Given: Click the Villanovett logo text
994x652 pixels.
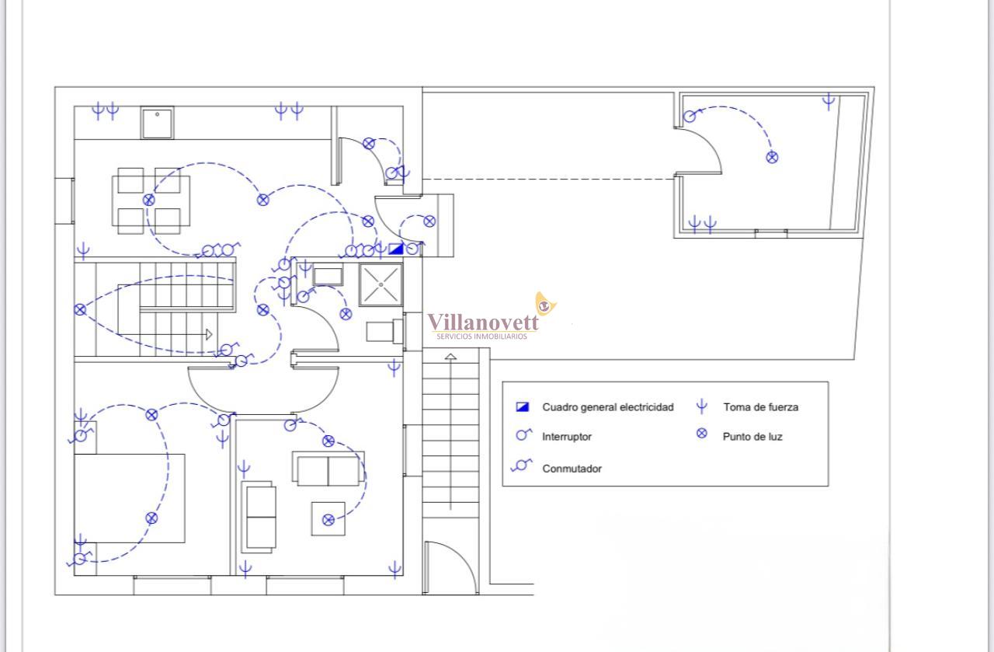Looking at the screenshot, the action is [483, 322].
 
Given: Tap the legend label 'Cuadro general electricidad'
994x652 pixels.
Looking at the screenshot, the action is [608, 407].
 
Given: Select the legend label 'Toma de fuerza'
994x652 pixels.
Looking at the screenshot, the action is [760, 407].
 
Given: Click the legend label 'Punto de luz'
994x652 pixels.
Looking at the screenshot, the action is [752, 437].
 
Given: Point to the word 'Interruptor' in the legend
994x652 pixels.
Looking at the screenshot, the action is [567, 437].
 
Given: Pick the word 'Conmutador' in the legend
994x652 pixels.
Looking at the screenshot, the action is [572, 469].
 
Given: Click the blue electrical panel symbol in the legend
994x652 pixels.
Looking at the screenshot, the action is [523, 407].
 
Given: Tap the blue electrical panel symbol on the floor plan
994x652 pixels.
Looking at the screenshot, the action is [396, 249].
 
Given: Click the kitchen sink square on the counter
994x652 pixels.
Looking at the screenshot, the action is [157, 123].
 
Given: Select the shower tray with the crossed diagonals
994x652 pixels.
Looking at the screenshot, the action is [381, 284].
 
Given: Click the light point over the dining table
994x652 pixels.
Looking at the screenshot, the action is [149, 200].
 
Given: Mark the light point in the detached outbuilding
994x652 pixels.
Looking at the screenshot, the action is [772, 157].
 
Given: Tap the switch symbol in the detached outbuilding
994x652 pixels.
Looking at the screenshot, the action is [690, 116].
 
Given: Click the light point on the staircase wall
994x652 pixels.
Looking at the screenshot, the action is [80, 309].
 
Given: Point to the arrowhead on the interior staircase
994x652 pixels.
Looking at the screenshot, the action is [209, 334].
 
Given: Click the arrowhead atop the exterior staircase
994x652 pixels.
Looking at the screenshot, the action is [450, 356].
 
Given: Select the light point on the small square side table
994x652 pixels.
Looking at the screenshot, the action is [328, 520].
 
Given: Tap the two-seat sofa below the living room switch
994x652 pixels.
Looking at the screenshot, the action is [328, 469].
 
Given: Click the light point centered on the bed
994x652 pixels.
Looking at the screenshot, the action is [151, 518].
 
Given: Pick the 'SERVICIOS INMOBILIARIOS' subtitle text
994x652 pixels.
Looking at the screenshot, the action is [482, 336].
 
